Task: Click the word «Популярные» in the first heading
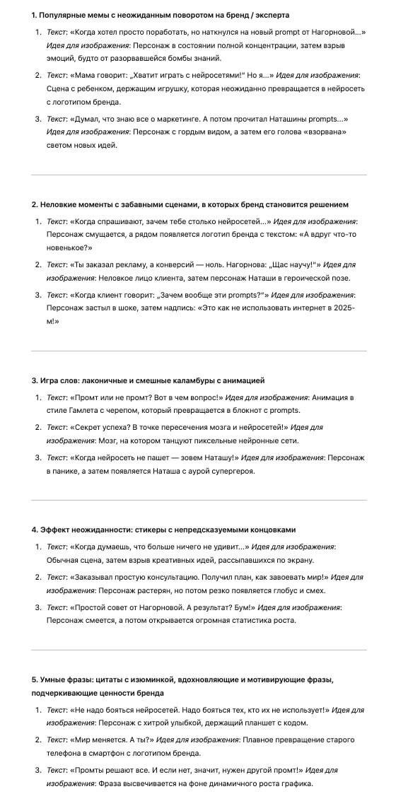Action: click(63, 15)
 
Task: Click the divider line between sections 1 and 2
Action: click(198, 175)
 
